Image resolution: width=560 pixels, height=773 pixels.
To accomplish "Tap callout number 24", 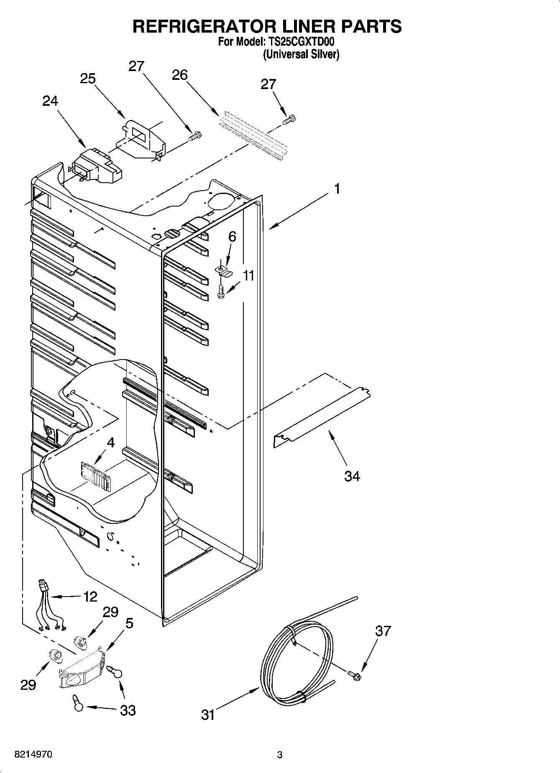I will coord(50,101).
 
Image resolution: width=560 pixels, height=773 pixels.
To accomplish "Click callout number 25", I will coord(88,79).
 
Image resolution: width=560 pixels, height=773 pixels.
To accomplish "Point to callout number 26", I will coord(180,75).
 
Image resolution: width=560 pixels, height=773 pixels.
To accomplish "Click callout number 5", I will coord(129,623).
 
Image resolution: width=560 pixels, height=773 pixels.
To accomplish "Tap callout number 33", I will coord(128,710).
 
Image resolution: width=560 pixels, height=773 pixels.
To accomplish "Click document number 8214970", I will coord(33,755).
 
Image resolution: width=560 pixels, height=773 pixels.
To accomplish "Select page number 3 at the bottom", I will coord(280,755).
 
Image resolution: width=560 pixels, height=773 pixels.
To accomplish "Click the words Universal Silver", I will coord(301,54).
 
